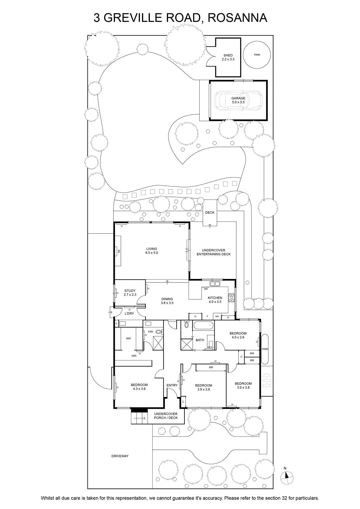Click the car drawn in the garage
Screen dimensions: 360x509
click(x=238, y=101)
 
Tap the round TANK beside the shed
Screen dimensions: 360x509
click(x=257, y=54)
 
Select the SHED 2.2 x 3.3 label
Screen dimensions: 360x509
click(x=228, y=57)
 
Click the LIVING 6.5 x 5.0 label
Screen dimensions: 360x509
click(x=151, y=251)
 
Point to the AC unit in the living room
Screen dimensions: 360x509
click(x=118, y=251)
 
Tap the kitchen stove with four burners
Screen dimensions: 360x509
click(x=232, y=298)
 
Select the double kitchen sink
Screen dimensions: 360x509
click(x=215, y=283)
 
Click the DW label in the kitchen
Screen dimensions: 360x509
click(x=206, y=289)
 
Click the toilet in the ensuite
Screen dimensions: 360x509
click(x=161, y=332)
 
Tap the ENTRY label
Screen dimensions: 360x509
click(x=172, y=385)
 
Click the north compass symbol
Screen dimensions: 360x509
click(x=287, y=477)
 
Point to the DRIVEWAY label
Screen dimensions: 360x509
click(x=120, y=456)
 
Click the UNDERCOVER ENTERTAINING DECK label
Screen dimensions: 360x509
click(x=213, y=252)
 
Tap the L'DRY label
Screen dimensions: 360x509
click(x=129, y=314)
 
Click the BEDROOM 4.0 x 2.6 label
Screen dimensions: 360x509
click(x=238, y=335)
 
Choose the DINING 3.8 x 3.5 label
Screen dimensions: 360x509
click(x=167, y=301)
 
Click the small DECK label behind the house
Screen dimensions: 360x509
click(x=210, y=213)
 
